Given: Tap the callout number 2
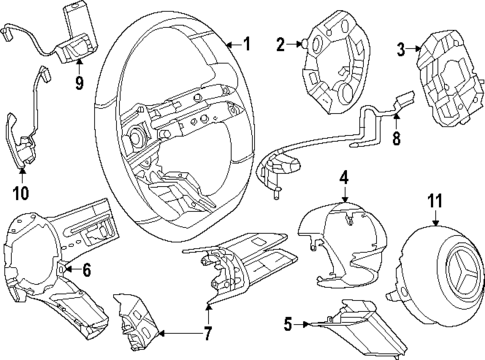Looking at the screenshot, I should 281,43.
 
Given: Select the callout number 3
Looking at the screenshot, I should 401,48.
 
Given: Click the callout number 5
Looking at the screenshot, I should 287,323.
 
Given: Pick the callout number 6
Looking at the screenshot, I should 86,269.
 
